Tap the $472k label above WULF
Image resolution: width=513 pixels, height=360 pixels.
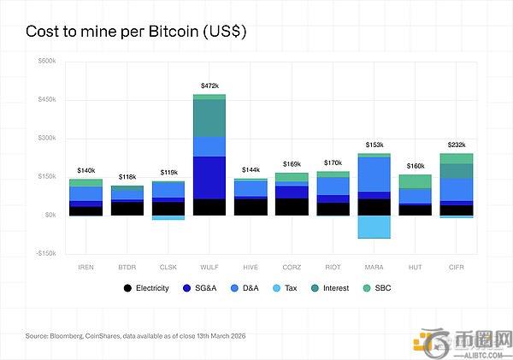(209, 86)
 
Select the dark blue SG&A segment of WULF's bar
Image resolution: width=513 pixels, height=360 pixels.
(209, 177)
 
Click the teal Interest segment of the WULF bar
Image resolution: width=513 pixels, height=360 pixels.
(209, 118)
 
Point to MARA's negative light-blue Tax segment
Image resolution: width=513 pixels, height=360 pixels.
(374, 227)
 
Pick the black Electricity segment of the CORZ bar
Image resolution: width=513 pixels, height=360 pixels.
(292, 206)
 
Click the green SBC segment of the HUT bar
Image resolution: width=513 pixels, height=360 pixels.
(415, 181)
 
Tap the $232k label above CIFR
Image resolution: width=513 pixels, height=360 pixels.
(456, 145)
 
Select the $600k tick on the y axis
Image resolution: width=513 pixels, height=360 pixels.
(47, 62)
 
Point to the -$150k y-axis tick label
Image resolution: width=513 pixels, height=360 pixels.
(45, 253)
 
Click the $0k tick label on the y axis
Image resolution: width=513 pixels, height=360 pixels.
(50, 215)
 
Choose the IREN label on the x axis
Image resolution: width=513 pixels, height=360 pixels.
(86, 267)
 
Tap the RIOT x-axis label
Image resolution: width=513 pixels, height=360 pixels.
(333, 267)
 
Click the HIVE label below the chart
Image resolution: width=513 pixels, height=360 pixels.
(251, 267)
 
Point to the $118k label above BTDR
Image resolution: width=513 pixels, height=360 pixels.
(127, 177)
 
